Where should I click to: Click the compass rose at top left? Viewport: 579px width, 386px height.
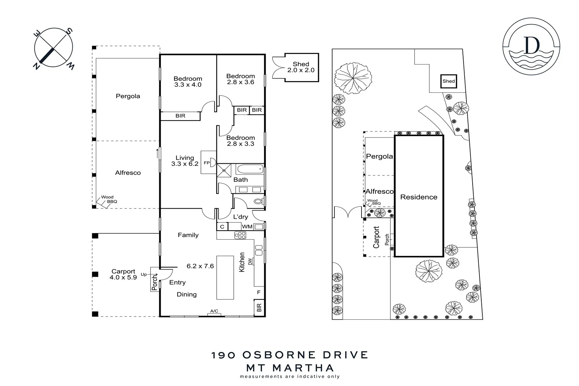54,47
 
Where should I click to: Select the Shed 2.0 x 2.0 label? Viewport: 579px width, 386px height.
301,67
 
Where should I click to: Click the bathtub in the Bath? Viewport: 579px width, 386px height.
249,169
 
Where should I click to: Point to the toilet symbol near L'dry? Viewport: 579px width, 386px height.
258,201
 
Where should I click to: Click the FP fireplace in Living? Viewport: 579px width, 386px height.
208,163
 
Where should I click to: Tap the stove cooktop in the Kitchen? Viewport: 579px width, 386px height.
240,235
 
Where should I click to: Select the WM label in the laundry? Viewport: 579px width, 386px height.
247,227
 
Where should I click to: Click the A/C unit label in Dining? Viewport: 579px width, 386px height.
214,311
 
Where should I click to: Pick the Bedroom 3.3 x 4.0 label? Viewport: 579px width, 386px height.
187,81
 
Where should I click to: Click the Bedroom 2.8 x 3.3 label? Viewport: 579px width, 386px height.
240,140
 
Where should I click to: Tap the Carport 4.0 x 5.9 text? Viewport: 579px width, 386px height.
123,274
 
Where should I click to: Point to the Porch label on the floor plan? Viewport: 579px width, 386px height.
155,282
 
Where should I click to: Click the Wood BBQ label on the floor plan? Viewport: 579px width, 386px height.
109,200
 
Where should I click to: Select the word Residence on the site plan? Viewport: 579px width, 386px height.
419,197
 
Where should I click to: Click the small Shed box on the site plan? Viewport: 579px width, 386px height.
448,81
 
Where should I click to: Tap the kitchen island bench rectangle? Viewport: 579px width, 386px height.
225,277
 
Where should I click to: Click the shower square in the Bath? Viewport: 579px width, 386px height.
224,170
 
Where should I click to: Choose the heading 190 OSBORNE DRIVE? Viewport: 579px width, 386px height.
289,355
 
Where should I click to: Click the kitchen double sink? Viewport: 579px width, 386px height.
259,250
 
